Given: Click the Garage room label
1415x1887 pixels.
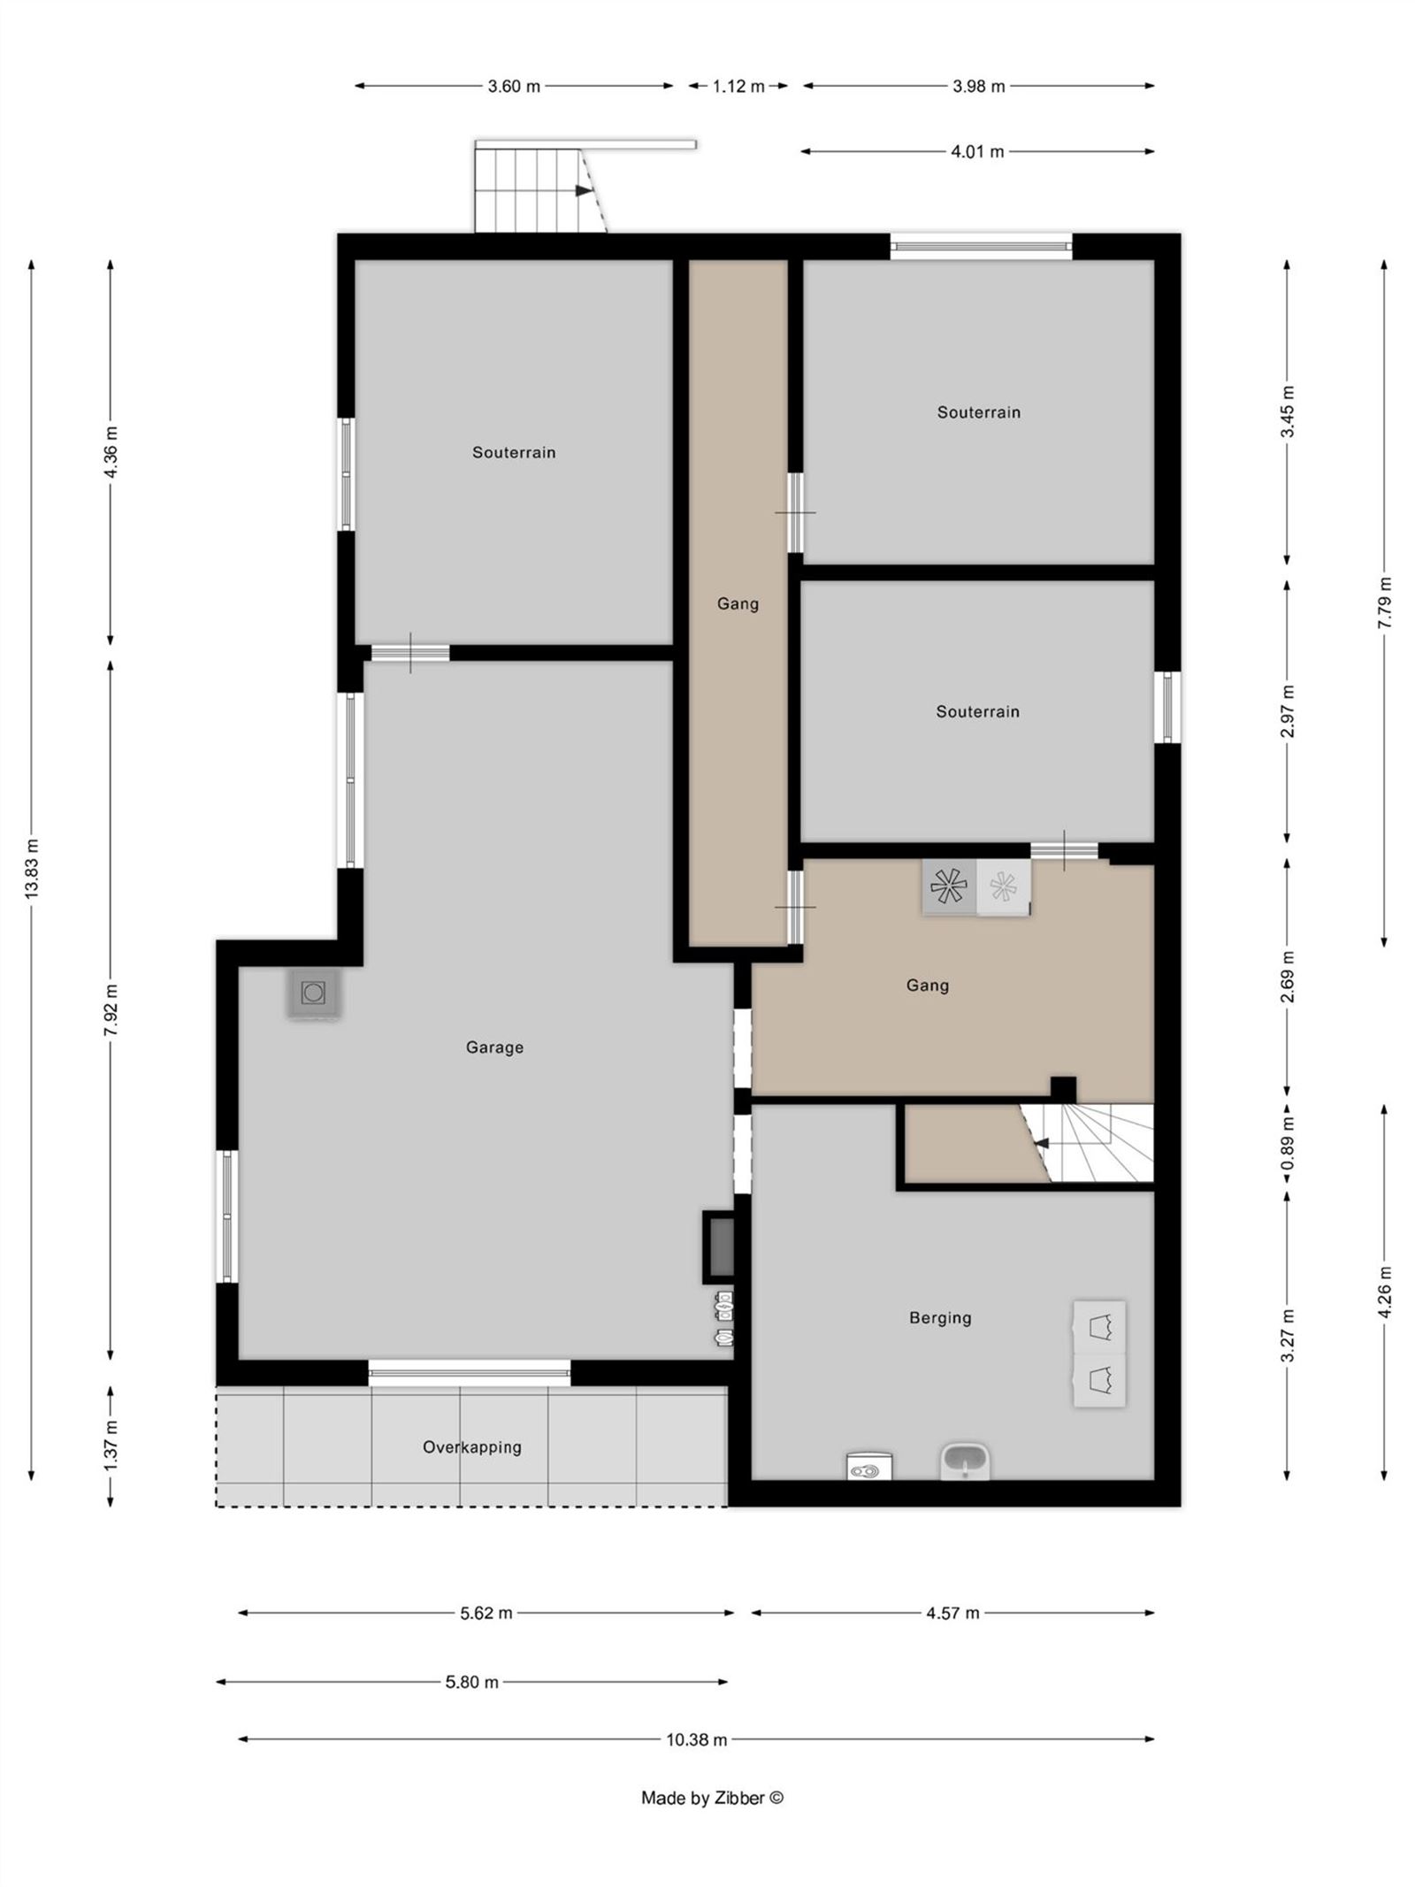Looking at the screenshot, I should tap(494, 1047).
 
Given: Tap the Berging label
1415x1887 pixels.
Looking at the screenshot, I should tap(940, 1318).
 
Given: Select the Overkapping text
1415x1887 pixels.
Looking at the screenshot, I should tap(471, 1447).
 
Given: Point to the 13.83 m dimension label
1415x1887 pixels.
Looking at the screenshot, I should tap(33, 868).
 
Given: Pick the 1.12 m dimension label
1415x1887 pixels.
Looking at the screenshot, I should tap(738, 87).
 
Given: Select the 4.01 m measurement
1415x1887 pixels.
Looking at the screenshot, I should tap(977, 152).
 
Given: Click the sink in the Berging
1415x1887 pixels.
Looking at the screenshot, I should tap(966, 1461).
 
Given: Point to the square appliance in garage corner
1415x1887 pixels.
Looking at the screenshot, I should tap(313, 993).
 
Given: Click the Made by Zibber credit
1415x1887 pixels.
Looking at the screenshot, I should tap(712, 1798).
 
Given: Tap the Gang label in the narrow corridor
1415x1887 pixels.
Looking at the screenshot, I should tap(738, 604).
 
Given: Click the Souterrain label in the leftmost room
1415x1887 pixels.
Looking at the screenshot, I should tap(514, 453).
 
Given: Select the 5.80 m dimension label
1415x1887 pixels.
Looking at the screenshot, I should tap(471, 1682).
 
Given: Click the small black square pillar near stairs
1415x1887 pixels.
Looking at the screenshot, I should tap(1062, 1088).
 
